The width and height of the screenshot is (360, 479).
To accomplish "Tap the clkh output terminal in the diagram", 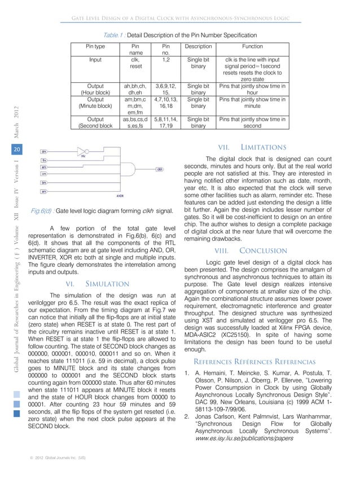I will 160,169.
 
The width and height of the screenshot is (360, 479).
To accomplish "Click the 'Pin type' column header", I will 95,47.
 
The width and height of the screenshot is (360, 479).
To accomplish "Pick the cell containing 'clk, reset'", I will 135,61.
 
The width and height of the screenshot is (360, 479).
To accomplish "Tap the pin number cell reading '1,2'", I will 166,58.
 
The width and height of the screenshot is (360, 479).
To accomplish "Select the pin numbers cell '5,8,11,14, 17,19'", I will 166,123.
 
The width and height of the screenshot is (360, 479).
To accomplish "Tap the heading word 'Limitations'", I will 266,147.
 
